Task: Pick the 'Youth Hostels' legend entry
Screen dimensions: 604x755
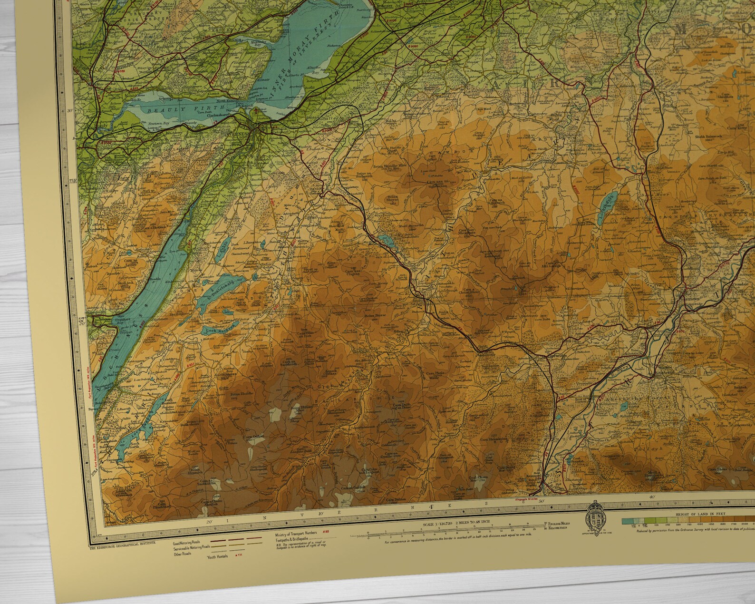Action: click(218, 556)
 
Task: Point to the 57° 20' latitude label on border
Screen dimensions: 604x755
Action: click(81, 321)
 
